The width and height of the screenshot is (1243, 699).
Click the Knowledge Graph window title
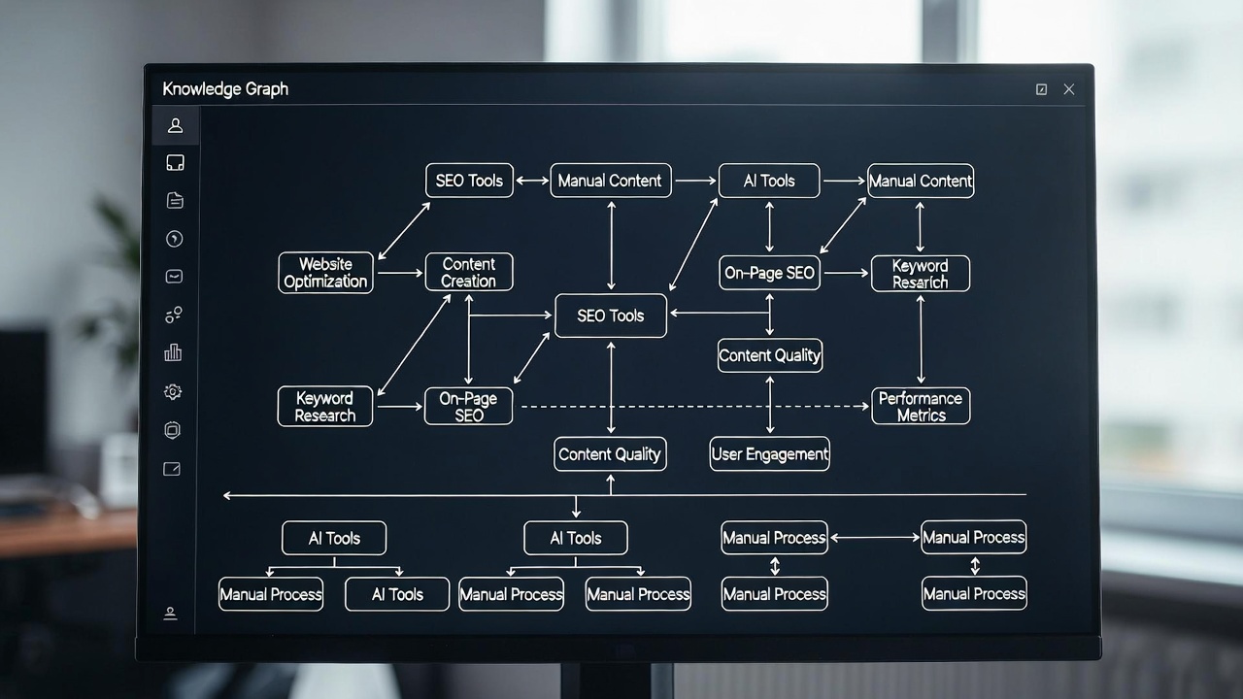click(x=225, y=88)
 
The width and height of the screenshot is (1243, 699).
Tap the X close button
click(x=1069, y=89)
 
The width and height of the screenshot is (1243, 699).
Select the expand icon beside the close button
click(x=1041, y=89)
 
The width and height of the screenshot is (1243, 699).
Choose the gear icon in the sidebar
click(x=173, y=391)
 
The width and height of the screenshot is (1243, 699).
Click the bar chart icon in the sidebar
click(x=173, y=352)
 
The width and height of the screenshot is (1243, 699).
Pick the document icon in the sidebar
click(x=175, y=200)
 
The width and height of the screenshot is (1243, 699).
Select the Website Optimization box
click(x=325, y=273)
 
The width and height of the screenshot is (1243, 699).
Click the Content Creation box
click(x=469, y=272)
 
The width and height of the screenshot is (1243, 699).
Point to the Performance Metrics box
click(x=922, y=406)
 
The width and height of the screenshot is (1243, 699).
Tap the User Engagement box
click(x=770, y=453)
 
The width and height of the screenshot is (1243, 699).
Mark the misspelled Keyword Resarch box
click(x=921, y=274)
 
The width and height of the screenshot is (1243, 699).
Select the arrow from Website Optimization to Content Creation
click(x=400, y=273)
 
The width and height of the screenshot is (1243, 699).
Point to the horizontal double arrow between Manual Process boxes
click(x=875, y=537)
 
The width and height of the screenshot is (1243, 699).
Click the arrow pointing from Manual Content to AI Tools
click(x=695, y=181)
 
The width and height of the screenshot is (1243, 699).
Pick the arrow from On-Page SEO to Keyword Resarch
click(x=846, y=273)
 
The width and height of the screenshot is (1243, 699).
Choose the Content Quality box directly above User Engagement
click(x=770, y=355)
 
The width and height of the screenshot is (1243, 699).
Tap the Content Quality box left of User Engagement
click(x=610, y=453)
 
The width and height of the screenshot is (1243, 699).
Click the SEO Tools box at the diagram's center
click(x=611, y=316)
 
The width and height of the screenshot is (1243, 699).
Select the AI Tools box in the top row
click(x=769, y=181)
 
